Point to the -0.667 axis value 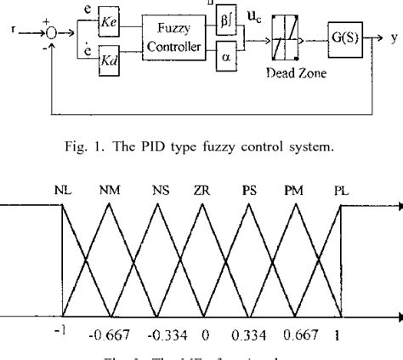pyautogui.click(x=106, y=334)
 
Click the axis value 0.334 pyautogui.click(x=247, y=334)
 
